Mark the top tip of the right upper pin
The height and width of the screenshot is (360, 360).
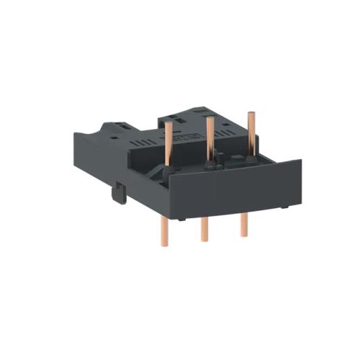coord(251,114)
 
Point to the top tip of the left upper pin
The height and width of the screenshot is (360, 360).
coord(168,123)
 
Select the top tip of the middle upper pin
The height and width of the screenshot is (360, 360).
coord(210,118)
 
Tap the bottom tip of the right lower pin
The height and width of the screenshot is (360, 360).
coord(243,235)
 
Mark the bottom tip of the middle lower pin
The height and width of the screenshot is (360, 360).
coord(204,240)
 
